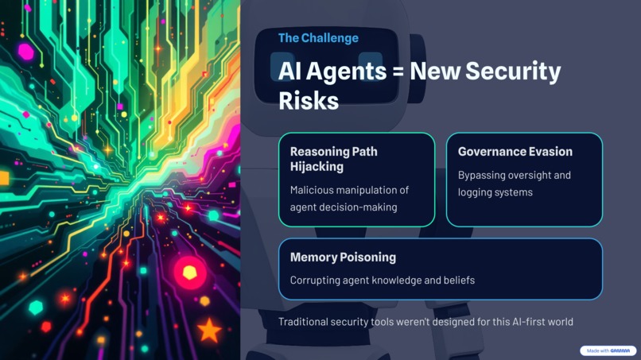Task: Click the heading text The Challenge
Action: (x=318, y=38)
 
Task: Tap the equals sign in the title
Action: (x=398, y=72)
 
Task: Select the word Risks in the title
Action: (x=309, y=101)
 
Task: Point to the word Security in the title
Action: (x=514, y=72)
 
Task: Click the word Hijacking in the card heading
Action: (x=317, y=167)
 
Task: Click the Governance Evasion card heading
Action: (x=515, y=151)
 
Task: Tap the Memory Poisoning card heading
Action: (x=343, y=257)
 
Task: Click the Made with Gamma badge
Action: (x=608, y=350)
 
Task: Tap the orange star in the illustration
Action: (x=209, y=330)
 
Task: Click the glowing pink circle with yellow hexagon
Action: (x=189, y=273)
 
